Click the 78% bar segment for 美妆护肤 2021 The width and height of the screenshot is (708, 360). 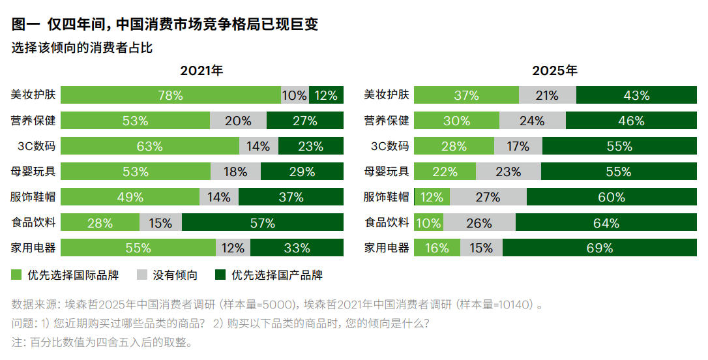pyautogui.click(x=171, y=95)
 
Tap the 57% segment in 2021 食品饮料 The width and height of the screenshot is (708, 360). pyautogui.click(x=263, y=223)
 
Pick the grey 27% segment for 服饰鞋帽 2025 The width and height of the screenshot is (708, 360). pyautogui.click(x=488, y=197)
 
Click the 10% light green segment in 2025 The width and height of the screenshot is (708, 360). pyautogui.click(x=428, y=223)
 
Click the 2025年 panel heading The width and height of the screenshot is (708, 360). pyautogui.click(x=555, y=70)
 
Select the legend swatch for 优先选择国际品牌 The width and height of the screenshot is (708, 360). pyautogui.click(x=17, y=275)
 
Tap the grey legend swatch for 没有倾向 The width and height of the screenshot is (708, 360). pyautogui.click(x=143, y=275)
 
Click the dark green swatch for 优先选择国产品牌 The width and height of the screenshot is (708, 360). pyautogui.click(x=220, y=275)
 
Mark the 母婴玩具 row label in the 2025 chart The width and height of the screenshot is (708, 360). pyautogui.click(x=387, y=172)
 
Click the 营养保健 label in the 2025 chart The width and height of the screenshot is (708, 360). pyautogui.click(x=387, y=121)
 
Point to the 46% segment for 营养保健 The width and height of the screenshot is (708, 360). pyautogui.click(x=631, y=121)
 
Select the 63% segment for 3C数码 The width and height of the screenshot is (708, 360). pyautogui.click(x=150, y=146)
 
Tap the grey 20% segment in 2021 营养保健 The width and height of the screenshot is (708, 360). pyautogui.click(x=238, y=121)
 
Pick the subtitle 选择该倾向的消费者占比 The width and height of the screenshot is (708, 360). pyautogui.click(x=82, y=48)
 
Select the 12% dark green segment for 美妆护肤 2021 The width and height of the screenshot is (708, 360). pyautogui.click(x=326, y=95)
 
